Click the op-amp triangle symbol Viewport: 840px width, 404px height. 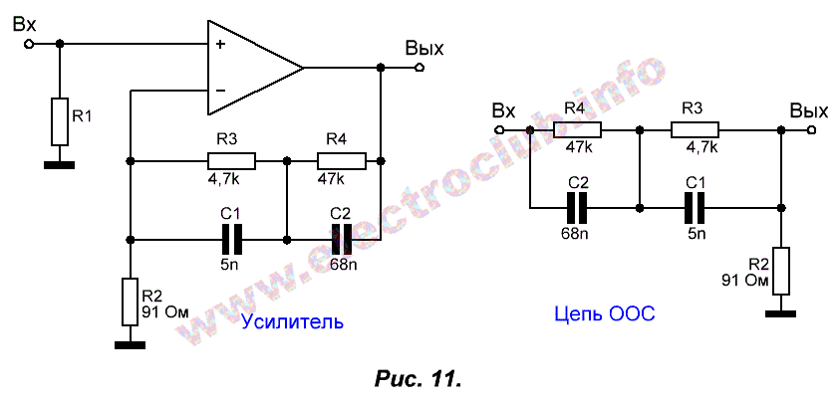[249, 68]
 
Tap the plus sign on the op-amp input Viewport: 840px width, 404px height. [219, 45]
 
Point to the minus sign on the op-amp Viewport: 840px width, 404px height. [219, 91]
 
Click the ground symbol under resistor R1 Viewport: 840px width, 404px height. [60, 164]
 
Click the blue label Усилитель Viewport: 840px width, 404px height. [293, 321]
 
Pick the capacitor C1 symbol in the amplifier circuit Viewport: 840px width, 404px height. [232, 239]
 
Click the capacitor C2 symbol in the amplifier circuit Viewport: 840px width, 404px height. [342, 239]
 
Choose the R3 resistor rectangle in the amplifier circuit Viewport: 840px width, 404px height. [231, 160]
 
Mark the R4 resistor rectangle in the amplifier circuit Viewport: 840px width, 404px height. [342, 160]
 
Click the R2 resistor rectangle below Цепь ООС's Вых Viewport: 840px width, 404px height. [782, 270]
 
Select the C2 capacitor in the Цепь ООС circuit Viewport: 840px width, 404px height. [577, 207]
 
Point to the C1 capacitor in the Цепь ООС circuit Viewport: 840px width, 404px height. [696, 207]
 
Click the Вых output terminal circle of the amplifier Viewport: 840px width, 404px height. [420, 68]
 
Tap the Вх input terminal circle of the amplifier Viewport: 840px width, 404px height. [29, 44]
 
